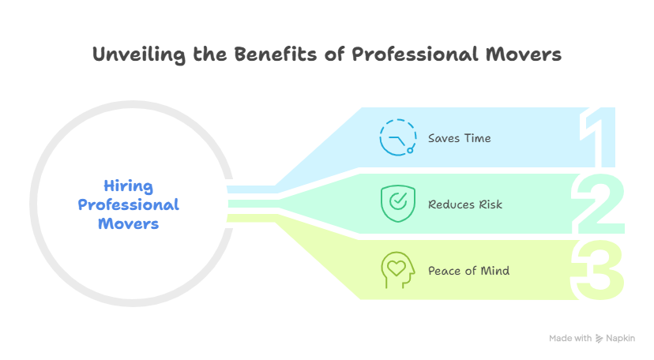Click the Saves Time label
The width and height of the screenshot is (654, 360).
coord(459,138)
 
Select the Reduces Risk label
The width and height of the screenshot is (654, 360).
coord(465,204)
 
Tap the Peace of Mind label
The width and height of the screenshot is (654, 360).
coord(468,271)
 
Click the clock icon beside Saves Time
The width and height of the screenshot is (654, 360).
coord(397,137)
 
